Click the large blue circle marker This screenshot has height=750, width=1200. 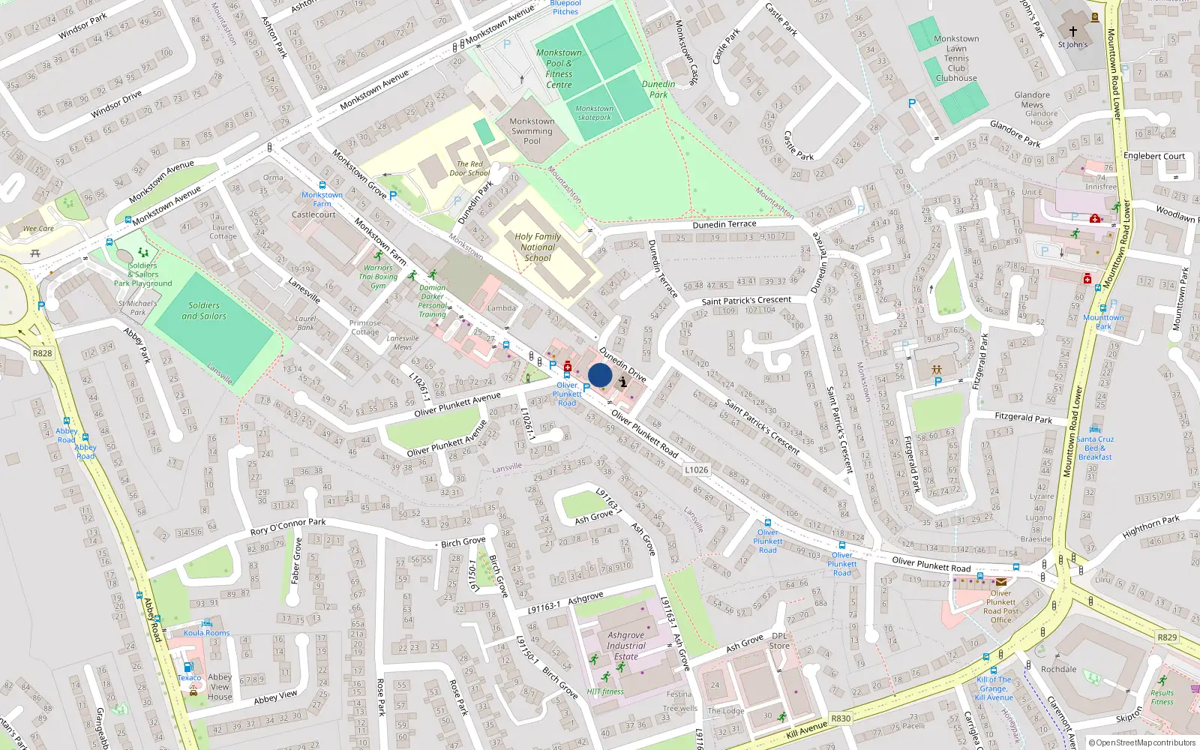[x=600, y=375]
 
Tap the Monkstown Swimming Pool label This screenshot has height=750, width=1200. [x=532, y=131]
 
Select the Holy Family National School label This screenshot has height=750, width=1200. [x=538, y=247]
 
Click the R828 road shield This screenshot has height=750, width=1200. [x=42, y=353]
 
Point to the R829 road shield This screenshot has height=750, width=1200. [x=1167, y=637]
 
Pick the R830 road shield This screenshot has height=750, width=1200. [x=841, y=718]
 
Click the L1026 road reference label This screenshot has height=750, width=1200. [x=696, y=469]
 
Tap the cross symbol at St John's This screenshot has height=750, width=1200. [x=1072, y=31]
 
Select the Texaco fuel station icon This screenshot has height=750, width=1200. [x=188, y=667]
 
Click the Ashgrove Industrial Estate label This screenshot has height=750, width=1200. [x=626, y=646]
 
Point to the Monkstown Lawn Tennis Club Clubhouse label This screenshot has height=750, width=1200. [x=956, y=58]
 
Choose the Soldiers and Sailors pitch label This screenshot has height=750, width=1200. [x=204, y=310]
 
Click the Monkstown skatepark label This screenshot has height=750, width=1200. [x=594, y=112]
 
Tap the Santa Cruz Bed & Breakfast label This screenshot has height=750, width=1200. [x=1095, y=448]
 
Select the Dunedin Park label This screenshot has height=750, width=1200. [x=658, y=89]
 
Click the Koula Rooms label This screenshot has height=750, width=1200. [x=207, y=632]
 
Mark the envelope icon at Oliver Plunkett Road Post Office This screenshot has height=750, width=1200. [x=1000, y=581]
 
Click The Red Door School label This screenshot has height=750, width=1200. [x=469, y=169]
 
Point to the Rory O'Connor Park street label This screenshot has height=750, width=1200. [x=288, y=526]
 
